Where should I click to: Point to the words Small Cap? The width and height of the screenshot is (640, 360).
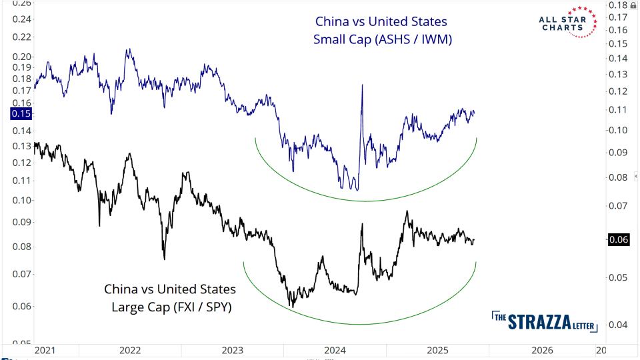[x=345, y=40]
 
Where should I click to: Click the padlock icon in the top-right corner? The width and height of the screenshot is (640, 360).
[x=633, y=5]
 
